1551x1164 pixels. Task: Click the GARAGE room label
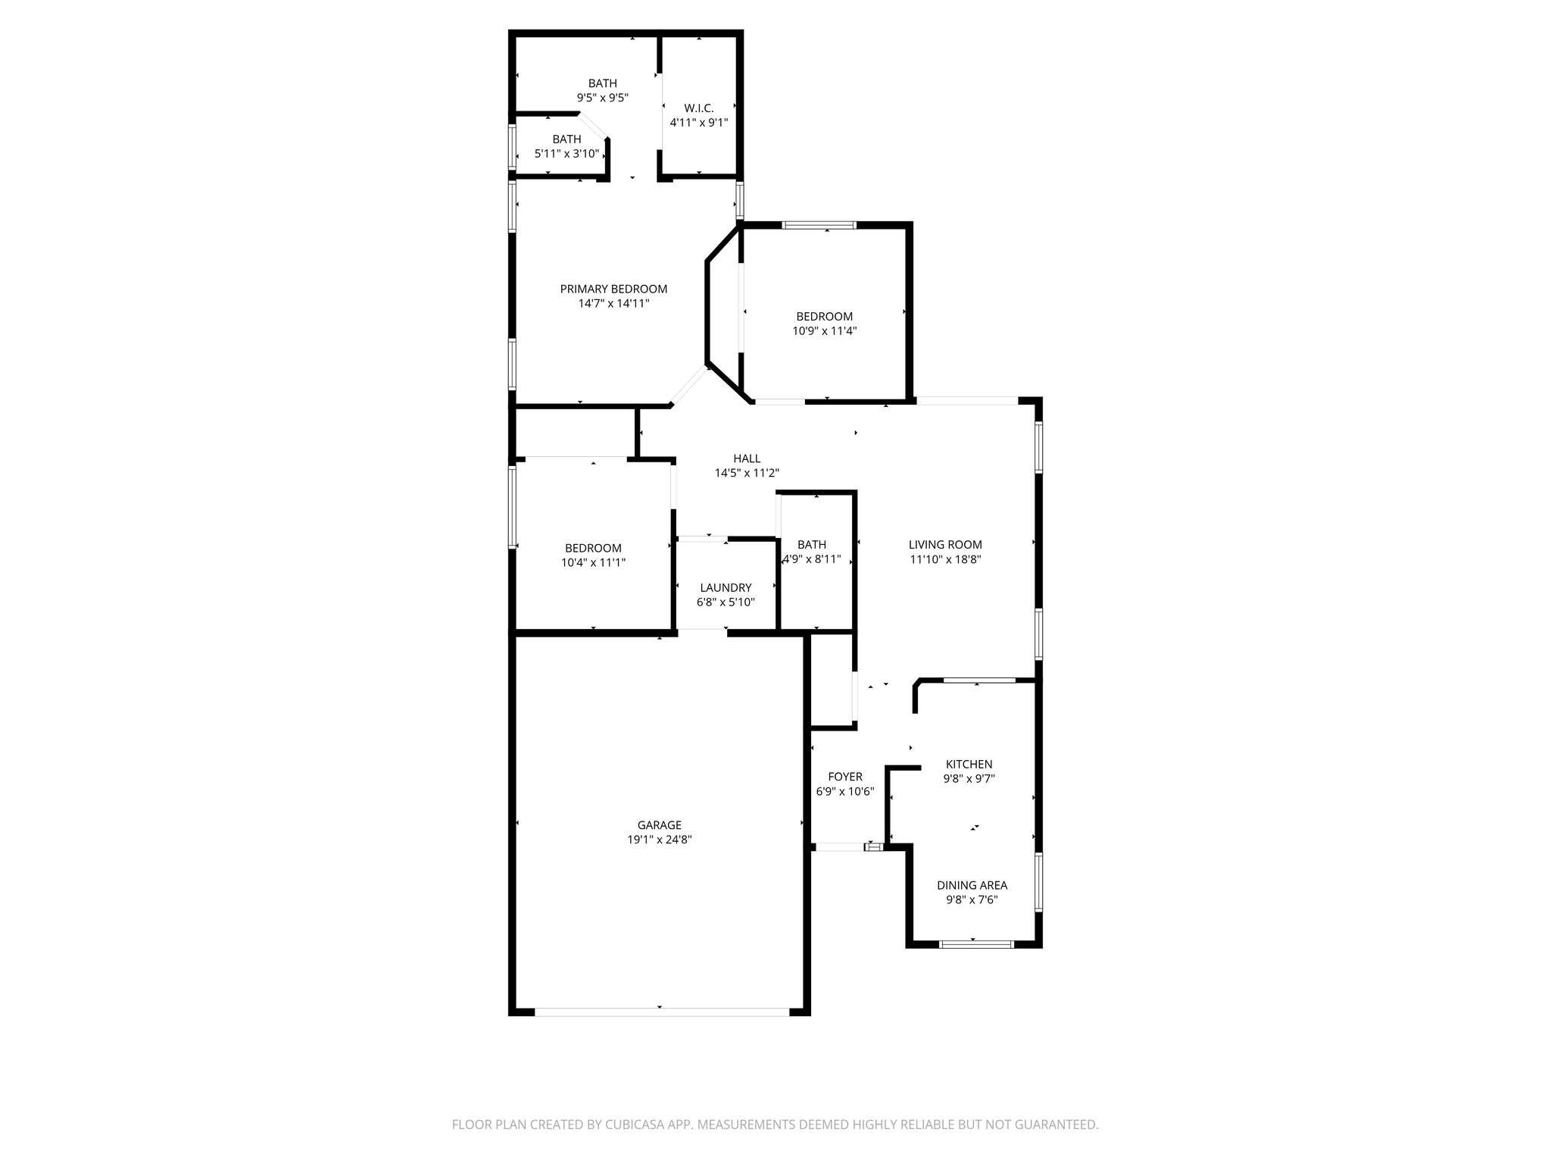coord(659,825)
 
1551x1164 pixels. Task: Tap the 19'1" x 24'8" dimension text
coord(659,840)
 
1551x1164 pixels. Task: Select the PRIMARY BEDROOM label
coord(613,289)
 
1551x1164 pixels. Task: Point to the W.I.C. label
coord(698,108)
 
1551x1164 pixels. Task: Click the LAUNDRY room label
coord(726,587)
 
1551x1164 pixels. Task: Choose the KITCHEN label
coord(969,764)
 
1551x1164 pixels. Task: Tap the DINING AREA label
coord(972,885)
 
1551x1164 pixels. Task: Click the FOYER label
coord(845,777)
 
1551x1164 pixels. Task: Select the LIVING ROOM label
coord(945,544)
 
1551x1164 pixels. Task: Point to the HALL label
coord(747,458)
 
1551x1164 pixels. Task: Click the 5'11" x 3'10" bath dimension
coord(566,153)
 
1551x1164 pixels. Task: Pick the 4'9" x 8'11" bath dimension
coord(812,559)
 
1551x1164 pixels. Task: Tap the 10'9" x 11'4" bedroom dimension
coord(824,330)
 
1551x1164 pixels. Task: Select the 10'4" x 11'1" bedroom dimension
coord(593,562)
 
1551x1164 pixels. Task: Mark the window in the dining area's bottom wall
coord(975,944)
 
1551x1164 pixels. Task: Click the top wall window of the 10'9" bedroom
coord(819,225)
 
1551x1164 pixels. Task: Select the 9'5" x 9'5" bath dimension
coord(603,98)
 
